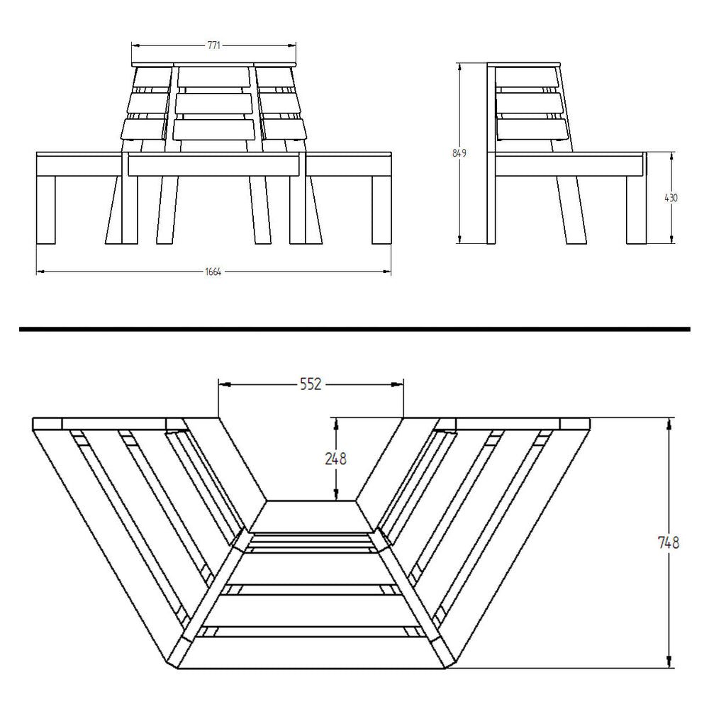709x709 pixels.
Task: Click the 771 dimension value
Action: coord(214,45)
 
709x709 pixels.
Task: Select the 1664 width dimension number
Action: coord(213,272)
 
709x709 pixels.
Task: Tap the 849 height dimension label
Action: coord(459,153)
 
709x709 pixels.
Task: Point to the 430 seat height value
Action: coord(671,198)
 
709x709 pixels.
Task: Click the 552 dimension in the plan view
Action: coord(311,384)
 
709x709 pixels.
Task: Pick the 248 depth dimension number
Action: coord(336,459)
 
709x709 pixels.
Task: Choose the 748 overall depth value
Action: coord(669,542)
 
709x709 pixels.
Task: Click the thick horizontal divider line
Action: coord(354,329)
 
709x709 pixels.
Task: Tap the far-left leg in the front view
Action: coord(45,211)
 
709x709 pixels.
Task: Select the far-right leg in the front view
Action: coord(381,211)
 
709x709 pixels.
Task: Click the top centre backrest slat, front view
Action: coord(213,77)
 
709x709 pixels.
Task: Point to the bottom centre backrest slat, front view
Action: coord(213,129)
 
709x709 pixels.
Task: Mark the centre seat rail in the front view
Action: coord(214,164)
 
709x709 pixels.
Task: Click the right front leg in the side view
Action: coord(636,211)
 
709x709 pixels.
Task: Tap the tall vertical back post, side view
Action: coord(491,154)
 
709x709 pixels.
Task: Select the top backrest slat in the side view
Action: coord(527,77)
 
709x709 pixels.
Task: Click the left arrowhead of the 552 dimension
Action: coord(225,384)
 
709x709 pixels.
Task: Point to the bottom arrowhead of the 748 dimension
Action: coord(669,662)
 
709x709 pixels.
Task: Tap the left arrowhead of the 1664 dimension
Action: coord(40,272)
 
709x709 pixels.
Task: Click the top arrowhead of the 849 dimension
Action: coord(459,67)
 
